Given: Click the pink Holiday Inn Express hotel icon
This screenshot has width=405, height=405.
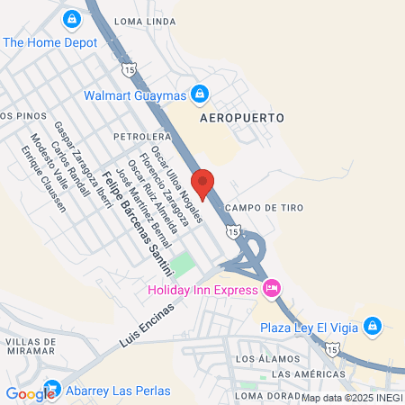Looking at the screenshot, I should point(270,289).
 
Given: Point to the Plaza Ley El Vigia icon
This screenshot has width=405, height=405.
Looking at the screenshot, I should point(372,327).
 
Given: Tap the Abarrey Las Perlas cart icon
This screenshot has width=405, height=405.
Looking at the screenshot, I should point(51,391).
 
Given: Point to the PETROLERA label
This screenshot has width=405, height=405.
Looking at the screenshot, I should point(136,136).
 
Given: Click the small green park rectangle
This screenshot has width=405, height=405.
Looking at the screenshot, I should point(183,265).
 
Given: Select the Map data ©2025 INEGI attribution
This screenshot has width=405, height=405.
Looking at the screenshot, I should point(352,398).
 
